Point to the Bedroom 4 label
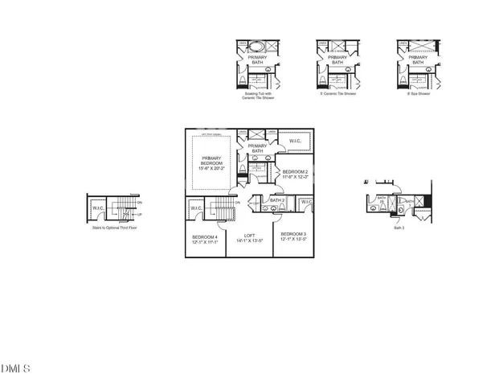tap(205, 239)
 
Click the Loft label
tap(249, 238)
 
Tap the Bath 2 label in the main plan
tap(277, 199)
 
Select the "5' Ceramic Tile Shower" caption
tap(337, 93)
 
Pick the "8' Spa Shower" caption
tap(418, 93)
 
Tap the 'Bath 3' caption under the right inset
tap(399, 228)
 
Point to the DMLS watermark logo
tap(16, 368)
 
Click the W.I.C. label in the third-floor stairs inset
tap(98, 209)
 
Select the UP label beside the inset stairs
tap(140, 215)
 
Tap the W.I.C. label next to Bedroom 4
tap(197, 209)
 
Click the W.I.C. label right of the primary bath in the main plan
tap(296, 141)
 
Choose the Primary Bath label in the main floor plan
tap(257, 148)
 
